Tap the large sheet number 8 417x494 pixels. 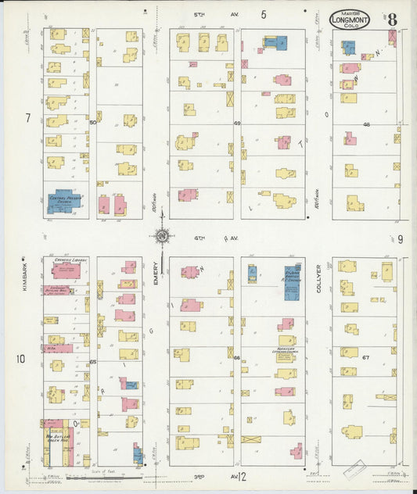pos(390,20)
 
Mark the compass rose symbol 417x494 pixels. pos(162,235)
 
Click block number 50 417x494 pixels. pos(92,123)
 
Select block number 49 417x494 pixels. pos(236,123)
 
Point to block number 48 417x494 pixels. pos(365,123)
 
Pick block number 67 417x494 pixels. pos(365,357)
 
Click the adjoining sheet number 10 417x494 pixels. pos(21,359)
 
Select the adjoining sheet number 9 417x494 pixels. pos(400,239)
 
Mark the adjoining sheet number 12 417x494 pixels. pos(243,475)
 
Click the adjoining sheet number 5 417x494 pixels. pos(264,14)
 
